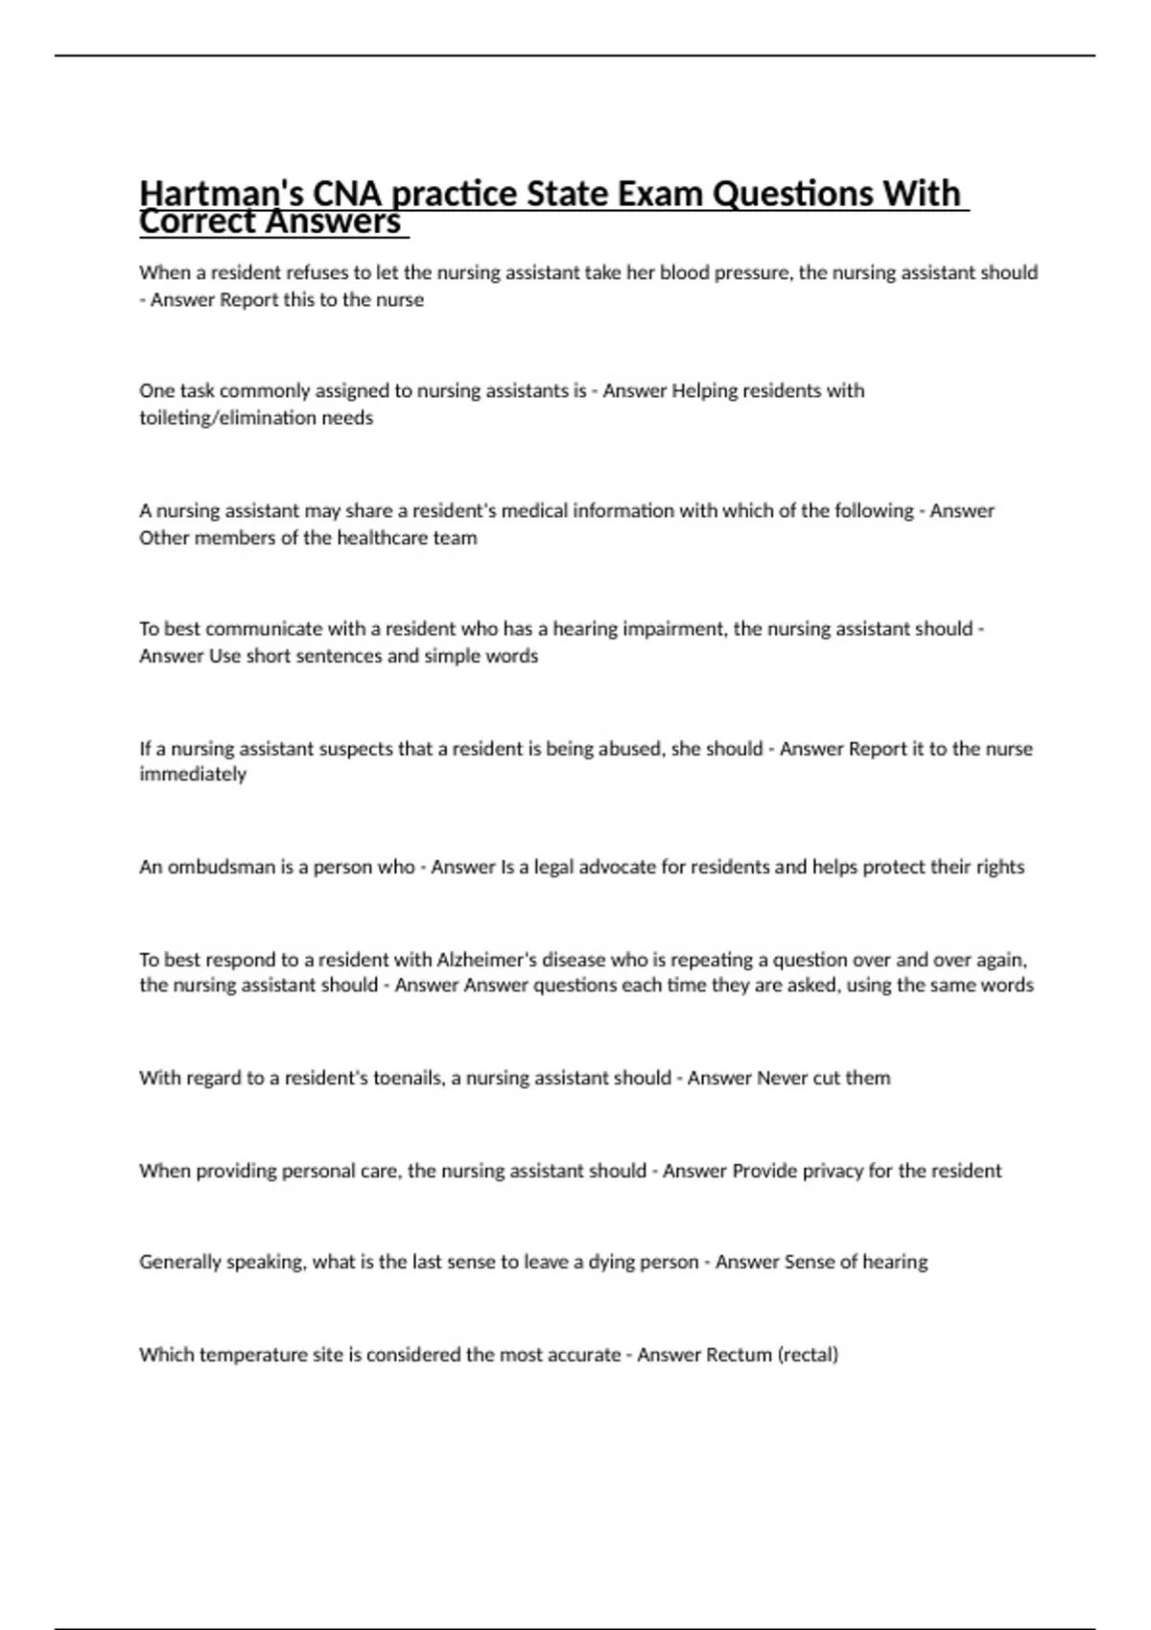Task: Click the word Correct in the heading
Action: click(x=197, y=222)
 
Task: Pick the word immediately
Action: click(x=193, y=774)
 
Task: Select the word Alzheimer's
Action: click(x=486, y=960)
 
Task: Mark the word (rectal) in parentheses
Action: click(x=808, y=1355)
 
